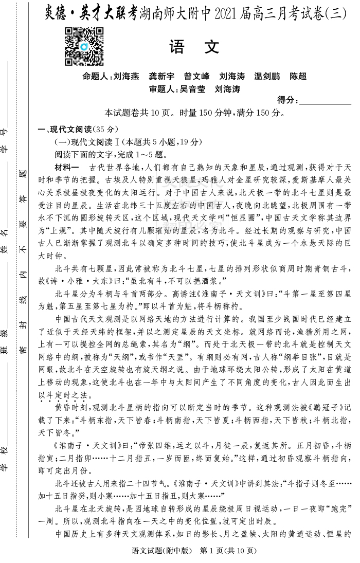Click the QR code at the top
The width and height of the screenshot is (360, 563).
[x=84, y=46]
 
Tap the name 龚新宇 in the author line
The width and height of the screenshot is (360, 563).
[x=161, y=77]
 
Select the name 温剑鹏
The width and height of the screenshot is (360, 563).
[x=267, y=77]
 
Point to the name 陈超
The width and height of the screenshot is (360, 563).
[x=298, y=77]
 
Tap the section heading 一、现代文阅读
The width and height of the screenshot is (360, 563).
[x=66, y=129]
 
